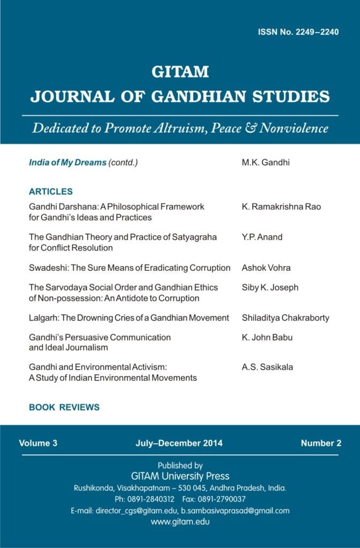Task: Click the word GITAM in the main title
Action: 180,72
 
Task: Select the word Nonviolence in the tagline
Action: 294,128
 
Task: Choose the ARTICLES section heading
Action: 51,192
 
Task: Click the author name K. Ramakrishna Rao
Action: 281,207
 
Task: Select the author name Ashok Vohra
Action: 266,268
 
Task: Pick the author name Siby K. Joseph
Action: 270,287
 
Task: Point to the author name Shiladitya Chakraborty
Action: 286,318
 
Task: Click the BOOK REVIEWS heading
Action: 64,407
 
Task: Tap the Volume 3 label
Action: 38,443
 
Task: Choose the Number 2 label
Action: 321,443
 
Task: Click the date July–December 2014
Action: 179,443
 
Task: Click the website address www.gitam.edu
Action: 180,521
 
